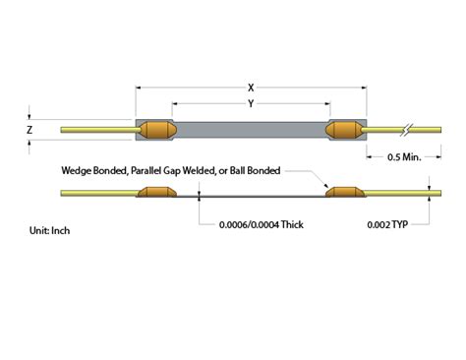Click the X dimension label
251,88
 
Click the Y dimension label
251,104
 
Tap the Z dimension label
29,130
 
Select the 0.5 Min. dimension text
404,157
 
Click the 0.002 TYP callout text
387,224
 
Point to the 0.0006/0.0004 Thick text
262,224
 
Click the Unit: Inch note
49,230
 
